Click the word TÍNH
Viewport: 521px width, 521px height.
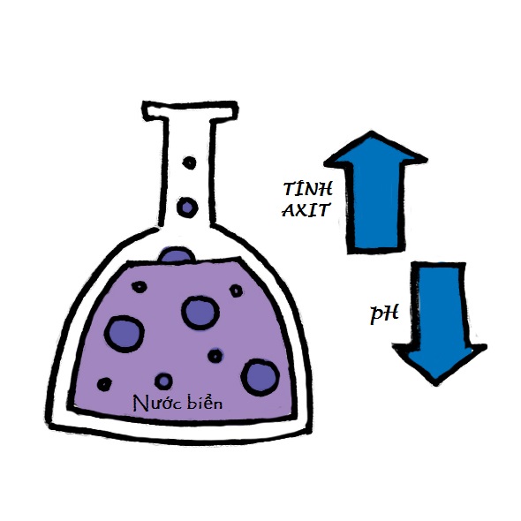(x=307, y=188)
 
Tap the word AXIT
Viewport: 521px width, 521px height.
(x=306, y=210)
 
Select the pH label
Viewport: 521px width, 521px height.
(x=384, y=313)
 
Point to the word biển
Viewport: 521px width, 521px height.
(x=204, y=402)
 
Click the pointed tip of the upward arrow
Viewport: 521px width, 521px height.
(x=372, y=132)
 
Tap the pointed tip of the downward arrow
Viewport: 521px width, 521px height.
(x=435, y=384)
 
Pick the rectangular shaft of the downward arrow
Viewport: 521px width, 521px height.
(x=438, y=304)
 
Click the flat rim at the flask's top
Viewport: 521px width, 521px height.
(x=190, y=110)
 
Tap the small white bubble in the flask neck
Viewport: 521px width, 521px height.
(x=189, y=162)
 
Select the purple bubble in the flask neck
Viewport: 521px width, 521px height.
(x=187, y=208)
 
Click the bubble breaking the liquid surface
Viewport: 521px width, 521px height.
(x=176, y=255)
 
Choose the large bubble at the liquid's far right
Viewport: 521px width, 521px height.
(x=260, y=377)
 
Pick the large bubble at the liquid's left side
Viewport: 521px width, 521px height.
(x=125, y=334)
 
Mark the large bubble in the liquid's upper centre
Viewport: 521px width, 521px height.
(x=200, y=313)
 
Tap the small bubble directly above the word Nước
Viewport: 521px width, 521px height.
(x=163, y=381)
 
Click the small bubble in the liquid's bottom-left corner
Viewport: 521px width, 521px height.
(x=104, y=384)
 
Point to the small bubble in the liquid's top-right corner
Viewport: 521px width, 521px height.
(x=236, y=291)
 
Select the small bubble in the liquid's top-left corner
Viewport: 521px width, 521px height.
(x=140, y=286)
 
